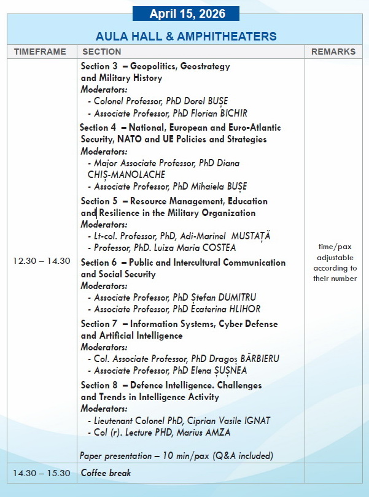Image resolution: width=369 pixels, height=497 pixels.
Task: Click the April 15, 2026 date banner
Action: pos(187,13)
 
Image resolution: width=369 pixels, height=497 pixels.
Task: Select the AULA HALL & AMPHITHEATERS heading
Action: pos(186,36)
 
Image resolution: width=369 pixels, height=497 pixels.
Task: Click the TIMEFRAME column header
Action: pos(41,52)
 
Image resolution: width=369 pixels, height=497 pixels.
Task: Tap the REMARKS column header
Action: pos(333,52)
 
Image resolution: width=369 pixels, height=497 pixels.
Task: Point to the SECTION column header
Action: pos(101,52)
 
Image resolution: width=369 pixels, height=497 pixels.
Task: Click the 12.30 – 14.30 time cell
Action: pos(42,261)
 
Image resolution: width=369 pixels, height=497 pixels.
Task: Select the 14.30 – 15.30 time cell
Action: pos(42,473)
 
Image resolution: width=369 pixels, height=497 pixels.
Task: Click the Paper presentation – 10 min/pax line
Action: pos(176,456)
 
